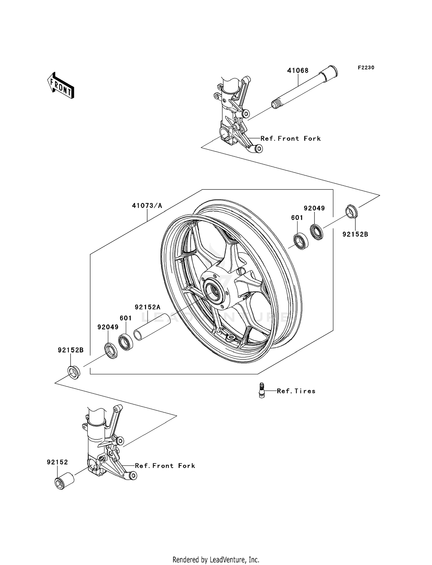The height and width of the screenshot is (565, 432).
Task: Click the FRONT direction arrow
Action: [x=60, y=86]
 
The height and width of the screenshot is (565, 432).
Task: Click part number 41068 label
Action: [x=298, y=71]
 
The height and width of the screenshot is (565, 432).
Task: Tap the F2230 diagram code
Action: [x=366, y=68]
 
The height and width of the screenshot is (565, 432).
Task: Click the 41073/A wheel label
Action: [x=147, y=206]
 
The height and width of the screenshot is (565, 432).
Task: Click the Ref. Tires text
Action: [x=296, y=391]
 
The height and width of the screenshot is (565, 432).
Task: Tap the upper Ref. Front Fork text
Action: [x=290, y=139]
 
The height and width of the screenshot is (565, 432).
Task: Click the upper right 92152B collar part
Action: [x=351, y=212]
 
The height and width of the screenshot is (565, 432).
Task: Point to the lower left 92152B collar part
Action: [x=74, y=372]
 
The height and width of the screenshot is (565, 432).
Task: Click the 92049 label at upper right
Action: [x=314, y=208]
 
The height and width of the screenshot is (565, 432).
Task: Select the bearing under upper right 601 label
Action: [x=301, y=241]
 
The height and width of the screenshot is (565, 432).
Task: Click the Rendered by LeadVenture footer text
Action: [x=216, y=560]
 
